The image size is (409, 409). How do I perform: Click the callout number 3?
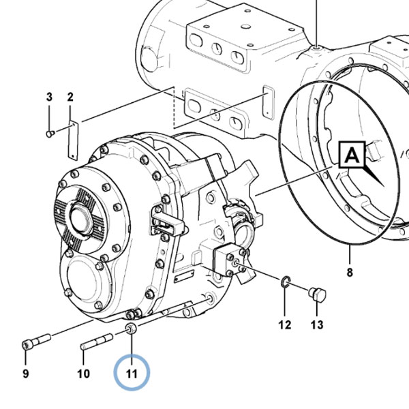pos(49,97)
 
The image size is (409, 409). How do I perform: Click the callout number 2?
pos(70,97)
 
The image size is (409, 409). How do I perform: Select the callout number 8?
pos(350,272)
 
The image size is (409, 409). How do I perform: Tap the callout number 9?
pos(26,374)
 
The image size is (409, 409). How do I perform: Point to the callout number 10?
pos(83,374)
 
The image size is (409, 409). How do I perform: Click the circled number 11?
pos(132,374)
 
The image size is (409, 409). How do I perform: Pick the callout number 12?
pos(284,324)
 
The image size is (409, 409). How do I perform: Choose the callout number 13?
pos(317,324)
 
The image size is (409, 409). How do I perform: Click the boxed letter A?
pos(352,155)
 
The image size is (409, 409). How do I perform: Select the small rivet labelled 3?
pos(50,134)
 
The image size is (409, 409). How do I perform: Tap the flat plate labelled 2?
pos(74,140)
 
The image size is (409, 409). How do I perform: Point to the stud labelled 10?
pos(97,342)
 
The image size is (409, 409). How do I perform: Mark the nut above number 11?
pos(131,328)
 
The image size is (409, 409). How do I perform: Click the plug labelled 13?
pos(318,294)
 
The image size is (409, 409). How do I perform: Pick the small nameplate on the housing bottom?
pos(184,276)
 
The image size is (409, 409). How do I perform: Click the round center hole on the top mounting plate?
pos(245,27)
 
